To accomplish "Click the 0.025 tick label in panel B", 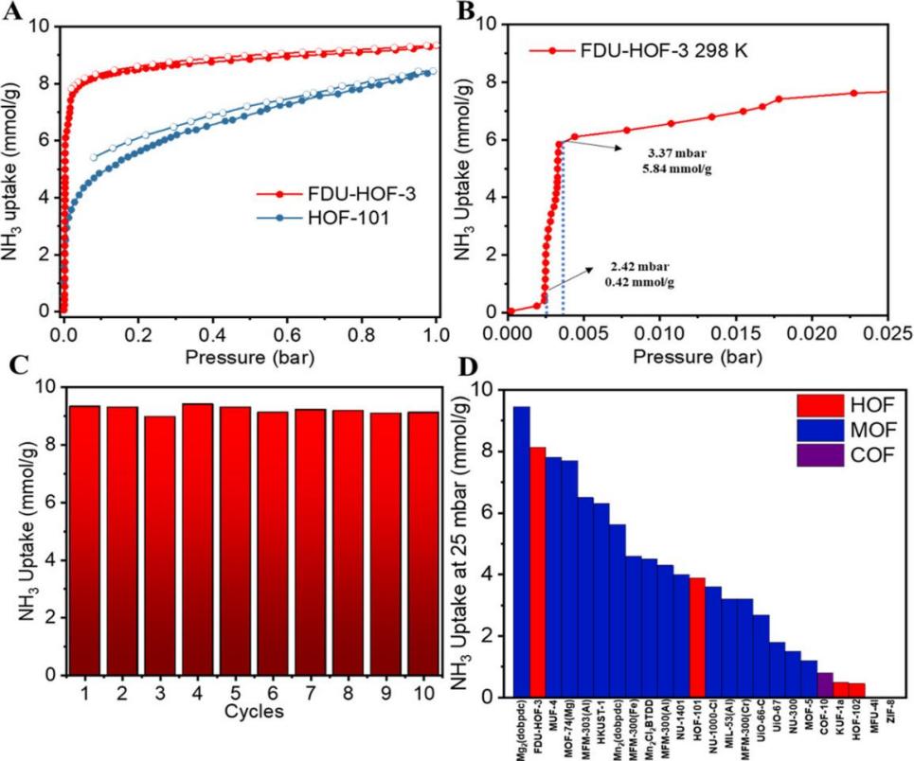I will tap(887, 332).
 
